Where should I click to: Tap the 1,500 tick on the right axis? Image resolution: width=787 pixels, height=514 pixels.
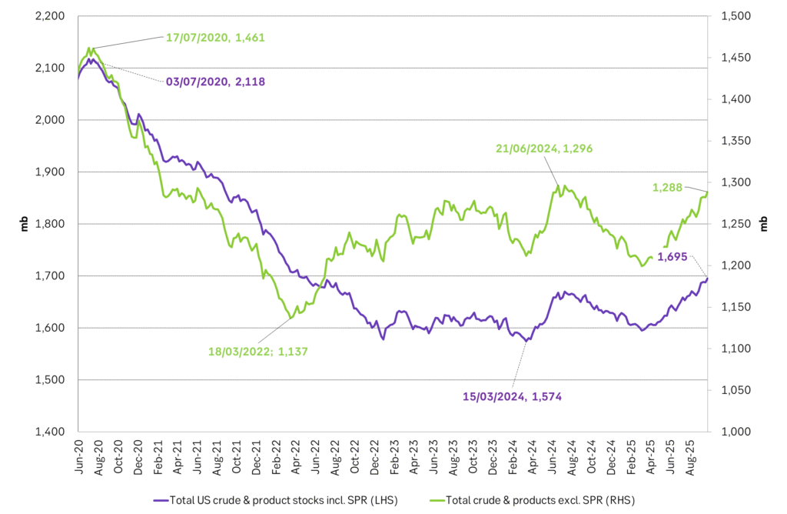[736, 16]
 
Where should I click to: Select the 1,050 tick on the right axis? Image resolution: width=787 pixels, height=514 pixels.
[736, 390]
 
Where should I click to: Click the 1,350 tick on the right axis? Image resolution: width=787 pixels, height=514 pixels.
[736, 141]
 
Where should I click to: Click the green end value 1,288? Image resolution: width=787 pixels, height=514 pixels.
[668, 187]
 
